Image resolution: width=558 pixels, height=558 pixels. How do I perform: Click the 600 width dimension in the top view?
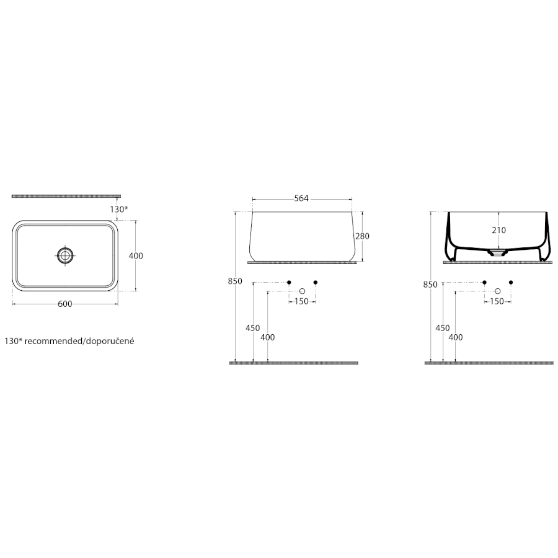64,304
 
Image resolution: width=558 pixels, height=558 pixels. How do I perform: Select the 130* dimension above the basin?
119,210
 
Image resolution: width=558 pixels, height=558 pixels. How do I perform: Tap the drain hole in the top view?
65,255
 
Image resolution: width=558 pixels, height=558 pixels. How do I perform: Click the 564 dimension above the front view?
301,198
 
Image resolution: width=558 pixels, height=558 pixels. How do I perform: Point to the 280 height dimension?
362,236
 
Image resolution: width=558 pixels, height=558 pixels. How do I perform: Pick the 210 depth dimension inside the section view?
499,230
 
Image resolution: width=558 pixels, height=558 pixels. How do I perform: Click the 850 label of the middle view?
235,281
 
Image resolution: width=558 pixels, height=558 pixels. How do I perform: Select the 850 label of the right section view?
431,285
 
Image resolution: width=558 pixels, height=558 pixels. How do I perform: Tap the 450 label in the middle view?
253,328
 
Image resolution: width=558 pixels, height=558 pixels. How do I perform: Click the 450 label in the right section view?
443,328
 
